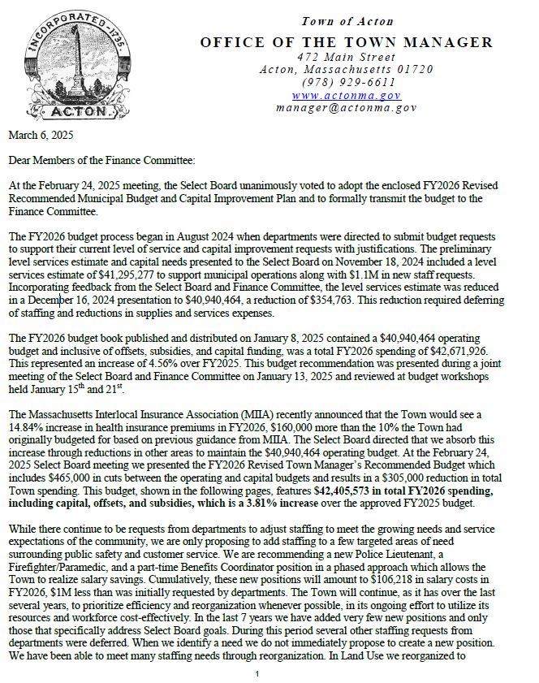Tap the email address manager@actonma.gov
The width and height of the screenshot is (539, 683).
click(x=347, y=106)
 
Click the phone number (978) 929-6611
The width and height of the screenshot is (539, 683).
click(x=347, y=82)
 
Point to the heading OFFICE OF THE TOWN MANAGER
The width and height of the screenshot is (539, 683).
click(x=347, y=42)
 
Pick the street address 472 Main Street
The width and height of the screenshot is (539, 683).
click(x=347, y=57)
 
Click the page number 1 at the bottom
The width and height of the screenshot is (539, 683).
click(x=257, y=673)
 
